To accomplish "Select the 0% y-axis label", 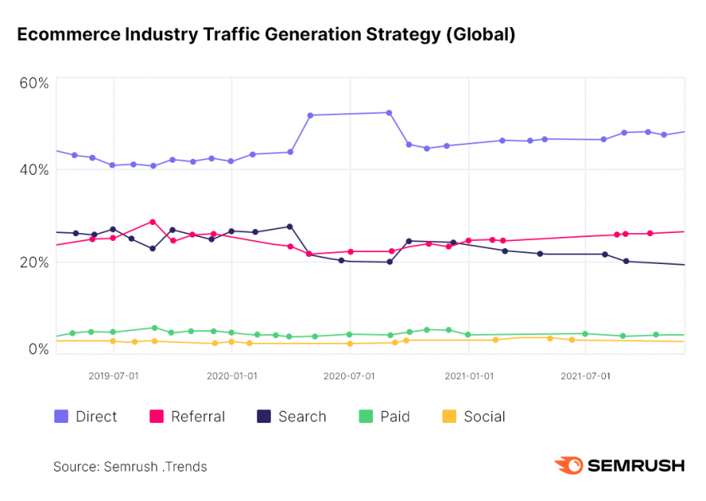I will click(x=38, y=349).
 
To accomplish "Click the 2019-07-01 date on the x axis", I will click(x=113, y=374).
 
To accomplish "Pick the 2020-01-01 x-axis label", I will click(x=232, y=374).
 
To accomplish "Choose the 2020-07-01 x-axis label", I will click(x=350, y=374).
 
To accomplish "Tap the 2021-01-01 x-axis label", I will click(x=469, y=374).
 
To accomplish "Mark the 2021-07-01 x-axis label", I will click(x=585, y=374).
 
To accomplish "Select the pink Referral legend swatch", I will click(x=157, y=416).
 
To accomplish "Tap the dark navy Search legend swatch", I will click(x=264, y=416).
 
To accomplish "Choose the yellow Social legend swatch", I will click(x=450, y=416).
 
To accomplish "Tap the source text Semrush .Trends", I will click(x=155, y=467).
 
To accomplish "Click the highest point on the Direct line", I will click(x=389, y=112).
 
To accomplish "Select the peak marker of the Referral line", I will click(x=153, y=222).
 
